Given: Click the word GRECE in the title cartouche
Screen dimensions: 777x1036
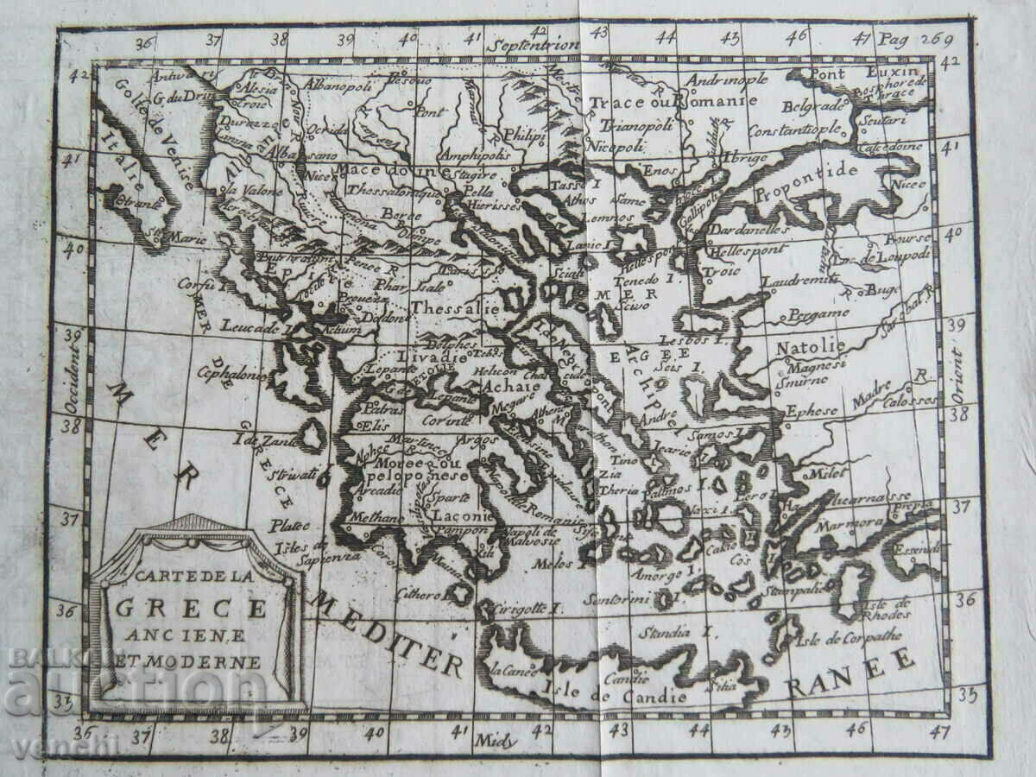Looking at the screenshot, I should click(x=192, y=608).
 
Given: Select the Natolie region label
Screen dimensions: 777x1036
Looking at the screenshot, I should click(x=810, y=347).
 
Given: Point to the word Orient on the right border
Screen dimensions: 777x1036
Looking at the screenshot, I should click(x=956, y=377).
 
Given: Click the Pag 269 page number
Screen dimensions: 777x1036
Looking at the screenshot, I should click(x=913, y=38).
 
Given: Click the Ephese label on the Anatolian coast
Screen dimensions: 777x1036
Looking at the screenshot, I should click(x=811, y=411).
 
